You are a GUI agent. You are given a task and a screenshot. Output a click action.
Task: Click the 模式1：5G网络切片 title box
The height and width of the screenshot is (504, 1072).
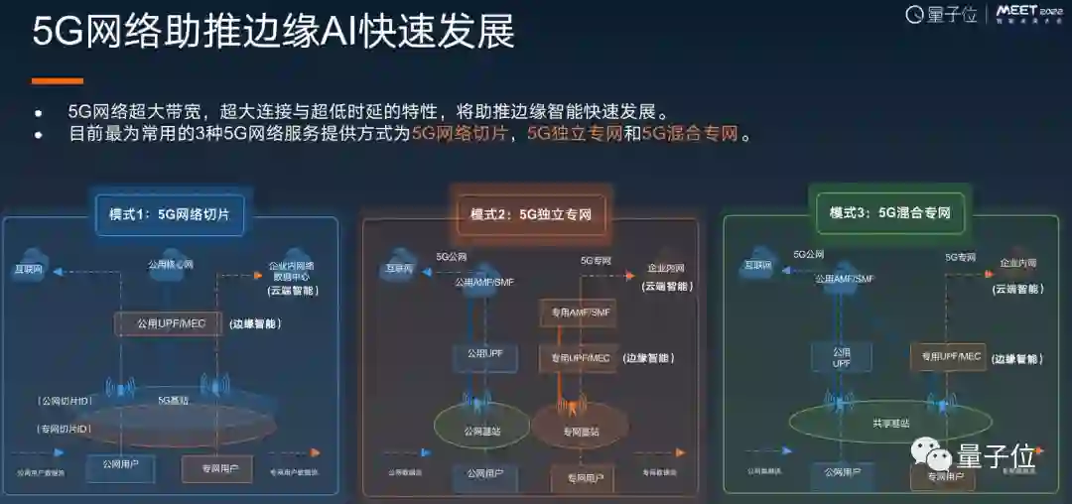click(169, 213)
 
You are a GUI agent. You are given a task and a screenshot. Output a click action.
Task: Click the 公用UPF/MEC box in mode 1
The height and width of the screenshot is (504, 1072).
click(167, 323)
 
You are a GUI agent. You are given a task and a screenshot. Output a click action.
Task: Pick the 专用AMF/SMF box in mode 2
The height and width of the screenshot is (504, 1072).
click(577, 313)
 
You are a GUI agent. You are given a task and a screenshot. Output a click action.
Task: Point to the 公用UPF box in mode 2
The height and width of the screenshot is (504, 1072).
click(485, 353)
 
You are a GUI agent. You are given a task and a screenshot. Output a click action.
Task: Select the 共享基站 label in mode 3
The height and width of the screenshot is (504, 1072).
click(889, 423)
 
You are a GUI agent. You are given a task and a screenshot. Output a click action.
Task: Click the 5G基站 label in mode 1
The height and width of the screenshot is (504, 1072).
click(174, 400)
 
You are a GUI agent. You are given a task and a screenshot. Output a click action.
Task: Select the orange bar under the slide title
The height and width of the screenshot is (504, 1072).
click(57, 80)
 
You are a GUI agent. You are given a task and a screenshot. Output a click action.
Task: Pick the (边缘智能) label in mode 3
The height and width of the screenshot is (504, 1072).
click(1016, 358)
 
